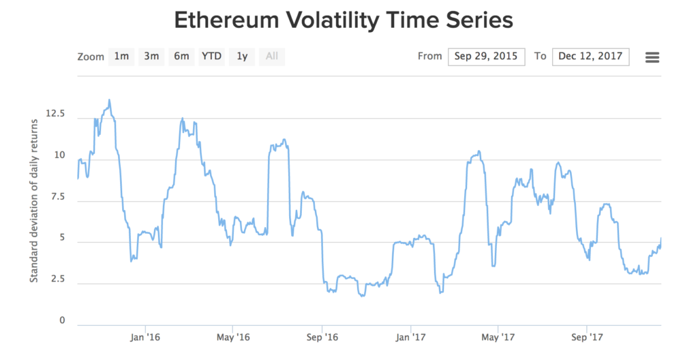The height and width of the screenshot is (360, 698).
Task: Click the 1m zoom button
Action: pyautogui.click(x=121, y=57)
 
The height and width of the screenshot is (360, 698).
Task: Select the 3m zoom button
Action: pyautogui.click(x=151, y=57)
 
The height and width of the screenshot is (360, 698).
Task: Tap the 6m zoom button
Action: pyautogui.click(x=181, y=57)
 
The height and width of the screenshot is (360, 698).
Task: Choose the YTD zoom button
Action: pyautogui.click(x=211, y=57)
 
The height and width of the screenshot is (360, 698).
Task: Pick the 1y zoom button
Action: pyautogui.click(x=242, y=57)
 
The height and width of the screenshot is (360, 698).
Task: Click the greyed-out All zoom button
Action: pyautogui.click(x=272, y=57)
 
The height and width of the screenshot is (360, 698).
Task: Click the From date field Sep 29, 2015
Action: pyautogui.click(x=487, y=57)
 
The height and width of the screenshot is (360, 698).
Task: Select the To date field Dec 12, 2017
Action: pyautogui.click(x=591, y=57)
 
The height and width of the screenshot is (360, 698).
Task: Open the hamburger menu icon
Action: pyautogui.click(x=652, y=57)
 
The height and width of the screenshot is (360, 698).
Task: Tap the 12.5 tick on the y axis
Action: pyautogui.click(x=55, y=113)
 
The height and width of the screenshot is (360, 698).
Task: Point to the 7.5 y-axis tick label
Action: pyautogui.click(x=57, y=196)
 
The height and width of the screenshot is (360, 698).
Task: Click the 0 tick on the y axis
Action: pyautogui.click(x=61, y=320)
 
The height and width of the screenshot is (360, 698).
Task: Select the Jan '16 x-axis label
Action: pyautogui.click(x=145, y=337)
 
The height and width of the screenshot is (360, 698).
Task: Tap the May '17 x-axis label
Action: pyautogui.click(x=498, y=337)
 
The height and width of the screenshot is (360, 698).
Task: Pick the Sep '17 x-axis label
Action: pyautogui.click(x=587, y=337)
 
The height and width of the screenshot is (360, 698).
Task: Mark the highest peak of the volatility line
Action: pyautogui.click(x=109, y=100)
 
